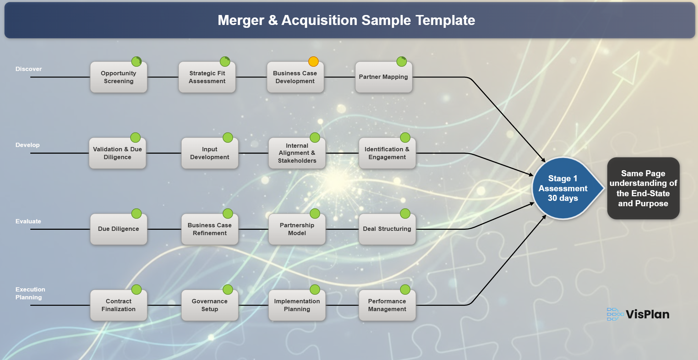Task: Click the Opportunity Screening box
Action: [x=118, y=77]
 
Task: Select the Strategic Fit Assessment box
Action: [x=207, y=77]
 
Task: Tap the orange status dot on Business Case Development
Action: [x=313, y=61]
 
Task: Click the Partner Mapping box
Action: [x=384, y=77]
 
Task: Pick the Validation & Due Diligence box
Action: [x=117, y=153]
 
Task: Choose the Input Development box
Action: [x=209, y=153]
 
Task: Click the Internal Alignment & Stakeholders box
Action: [x=297, y=153]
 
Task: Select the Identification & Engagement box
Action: [x=387, y=153]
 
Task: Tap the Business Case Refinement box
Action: [x=209, y=229]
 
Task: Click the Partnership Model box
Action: [x=297, y=229]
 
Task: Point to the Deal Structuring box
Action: [x=387, y=229]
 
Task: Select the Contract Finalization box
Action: [x=118, y=305]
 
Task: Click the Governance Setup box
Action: [x=209, y=305]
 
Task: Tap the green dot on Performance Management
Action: [x=405, y=289]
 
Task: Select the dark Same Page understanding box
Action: [x=643, y=188]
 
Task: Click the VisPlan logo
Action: [x=638, y=314]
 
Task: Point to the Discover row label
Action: [x=29, y=69]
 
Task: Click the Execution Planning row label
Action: [x=30, y=293]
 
